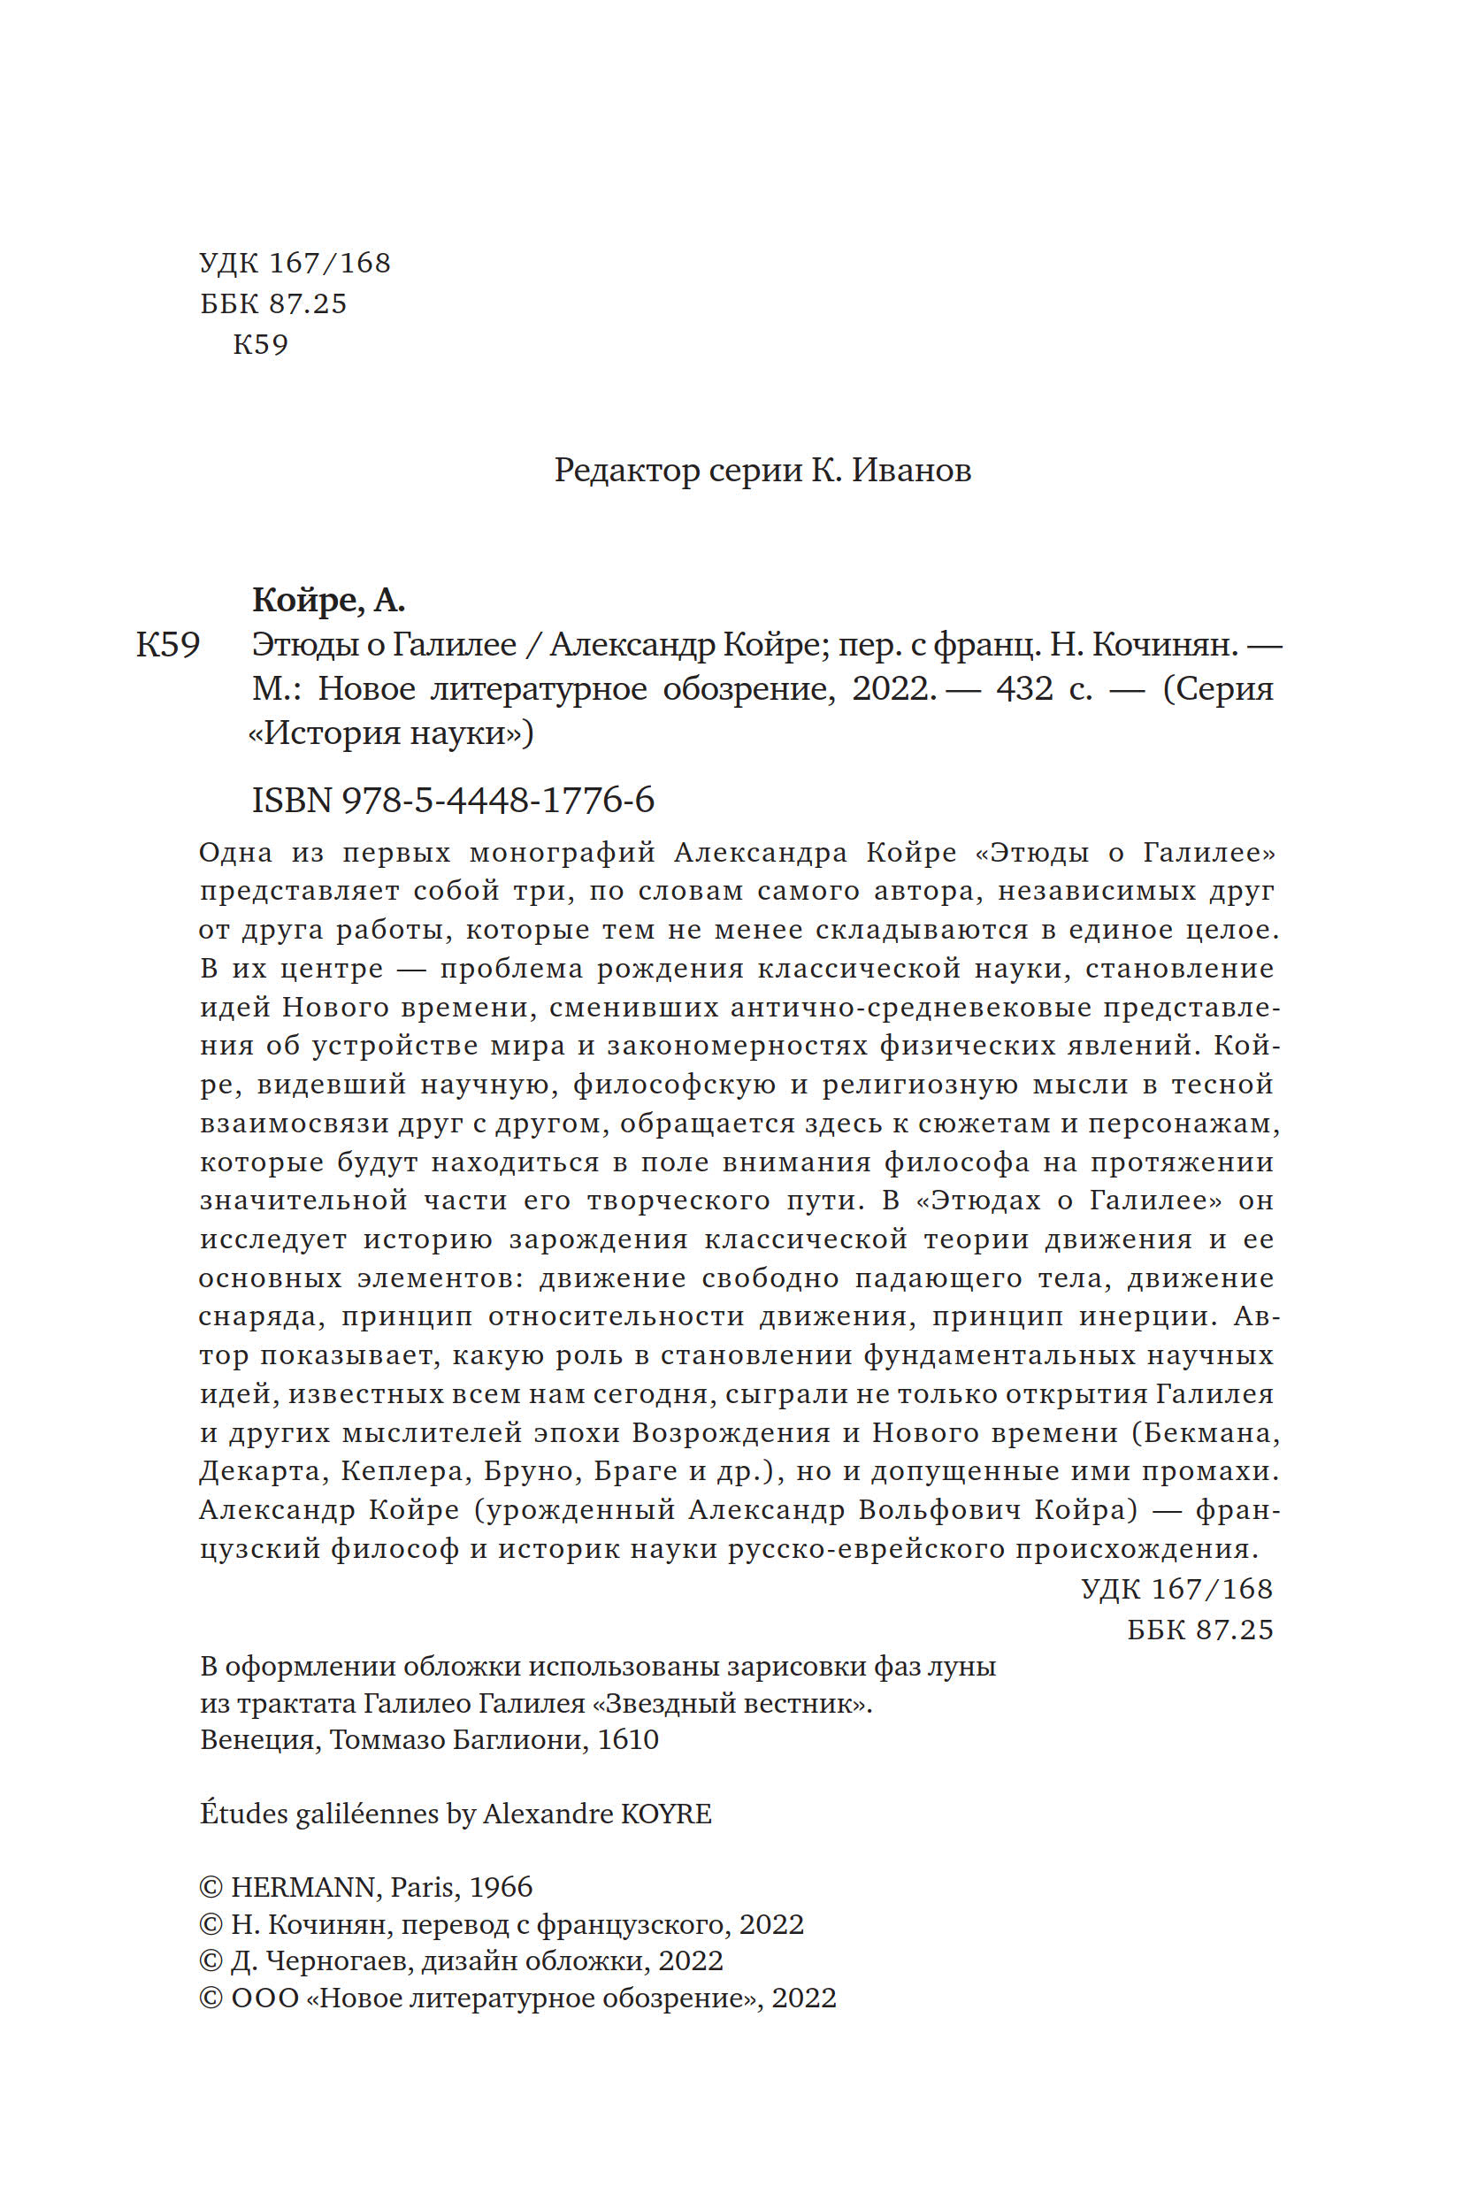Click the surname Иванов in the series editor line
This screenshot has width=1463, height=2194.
tap(912, 471)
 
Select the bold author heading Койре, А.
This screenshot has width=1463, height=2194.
tap(328, 600)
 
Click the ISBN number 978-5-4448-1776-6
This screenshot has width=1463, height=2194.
tap(498, 801)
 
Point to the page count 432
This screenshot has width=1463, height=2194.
tap(1024, 688)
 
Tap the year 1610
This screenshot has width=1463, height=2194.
tap(628, 1739)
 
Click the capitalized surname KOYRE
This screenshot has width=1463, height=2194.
tap(666, 1814)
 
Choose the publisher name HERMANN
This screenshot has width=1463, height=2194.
tap(303, 1887)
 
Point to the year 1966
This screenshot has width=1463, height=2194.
tap(501, 1887)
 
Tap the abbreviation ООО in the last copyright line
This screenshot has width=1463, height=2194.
tap(265, 1998)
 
